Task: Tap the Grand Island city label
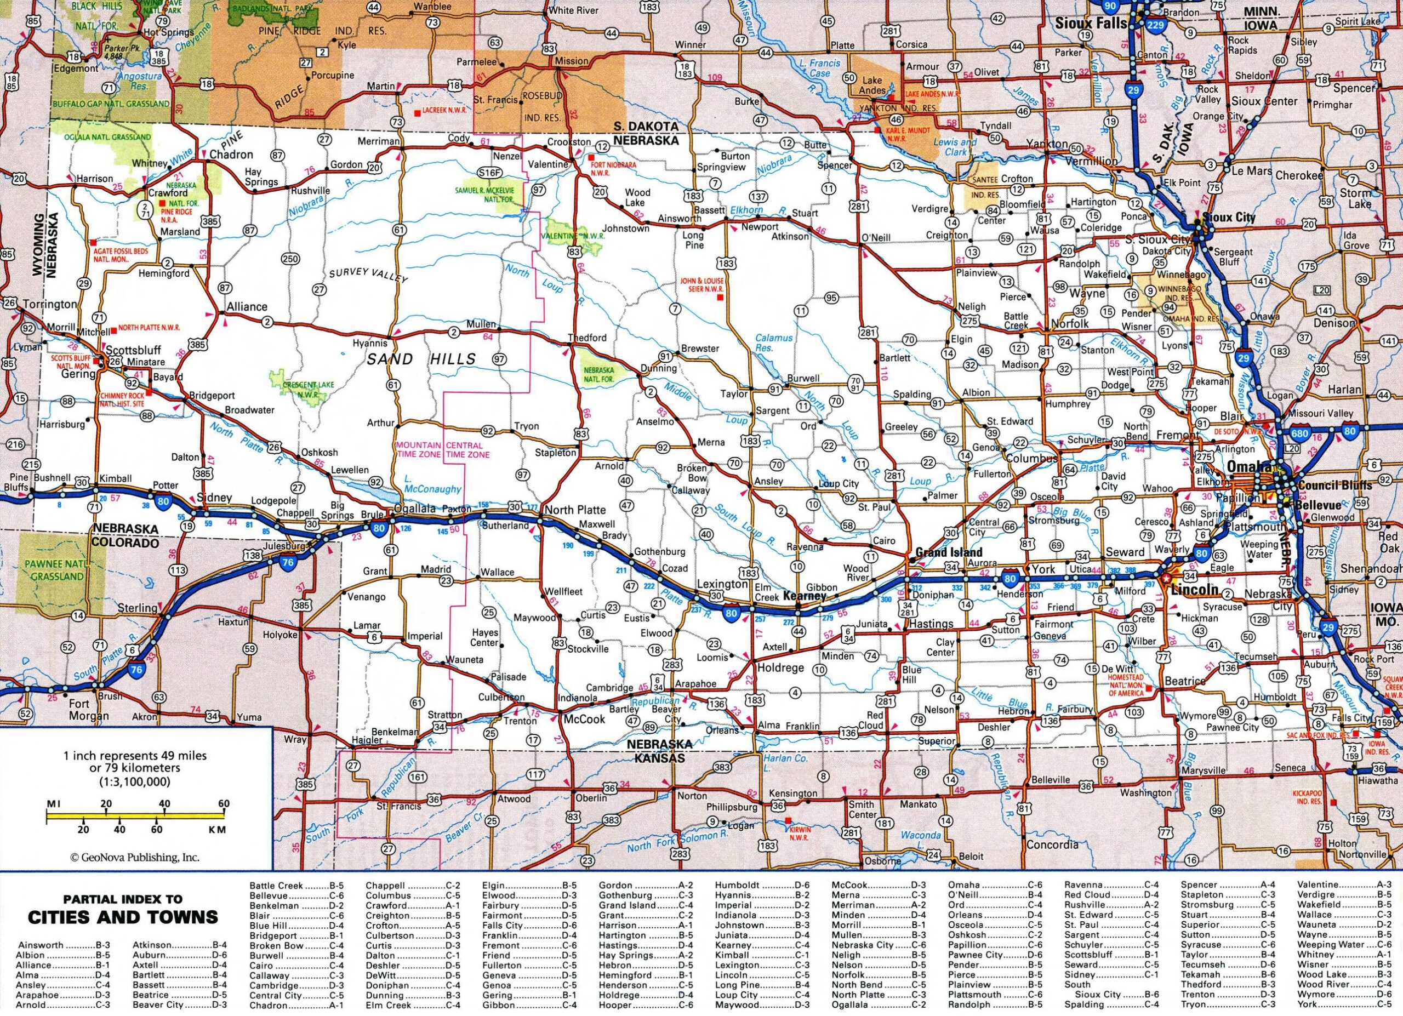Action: point(948,552)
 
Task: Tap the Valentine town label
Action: point(548,164)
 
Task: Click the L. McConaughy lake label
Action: point(432,483)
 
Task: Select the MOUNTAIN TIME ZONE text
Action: point(419,449)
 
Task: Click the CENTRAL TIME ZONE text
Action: point(467,449)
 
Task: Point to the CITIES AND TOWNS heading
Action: point(122,916)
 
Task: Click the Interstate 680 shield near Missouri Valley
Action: point(1299,433)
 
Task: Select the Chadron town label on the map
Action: point(231,155)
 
